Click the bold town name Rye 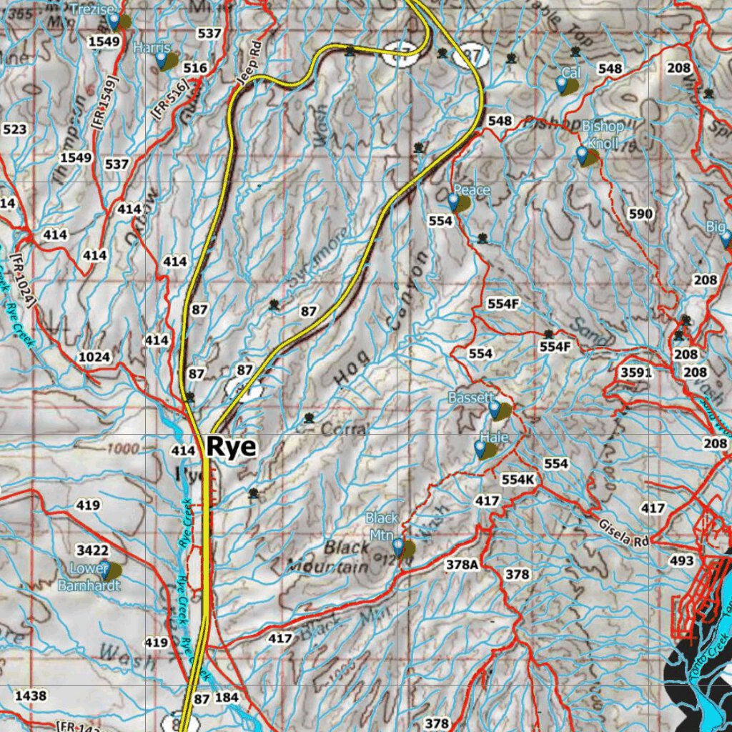[x=231, y=447]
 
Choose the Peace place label [x=472, y=189]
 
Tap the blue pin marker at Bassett [x=495, y=410]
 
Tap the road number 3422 [x=93, y=550]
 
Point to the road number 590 [x=640, y=214]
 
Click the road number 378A [x=461, y=565]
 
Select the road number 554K [x=518, y=479]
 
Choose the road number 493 [x=681, y=561]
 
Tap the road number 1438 [x=30, y=696]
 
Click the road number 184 [x=226, y=697]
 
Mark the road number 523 [x=15, y=129]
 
